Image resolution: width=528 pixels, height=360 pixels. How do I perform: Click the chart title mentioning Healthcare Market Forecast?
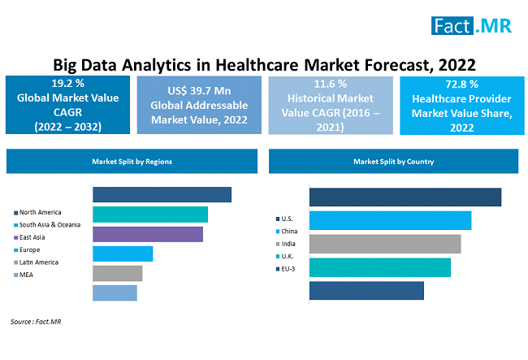click(x=264, y=63)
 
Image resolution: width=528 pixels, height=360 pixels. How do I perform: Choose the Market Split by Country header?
click(x=394, y=161)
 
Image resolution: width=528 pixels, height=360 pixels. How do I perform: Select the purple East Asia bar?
click(x=148, y=234)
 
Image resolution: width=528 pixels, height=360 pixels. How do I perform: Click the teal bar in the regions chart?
click(x=150, y=215)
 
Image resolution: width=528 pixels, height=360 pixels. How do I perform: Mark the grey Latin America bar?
click(x=118, y=273)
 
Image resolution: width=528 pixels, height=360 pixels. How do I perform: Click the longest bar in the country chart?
click(x=405, y=197)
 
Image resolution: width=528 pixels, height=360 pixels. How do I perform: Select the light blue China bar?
click(x=391, y=220)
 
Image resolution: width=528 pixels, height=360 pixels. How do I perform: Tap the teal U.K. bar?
click(x=380, y=267)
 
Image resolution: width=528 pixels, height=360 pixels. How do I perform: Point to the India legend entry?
click(x=288, y=243)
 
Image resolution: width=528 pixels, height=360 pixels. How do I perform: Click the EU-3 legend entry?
click(x=288, y=267)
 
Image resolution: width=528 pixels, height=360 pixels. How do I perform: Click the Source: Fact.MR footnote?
click(x=37, y=322)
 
